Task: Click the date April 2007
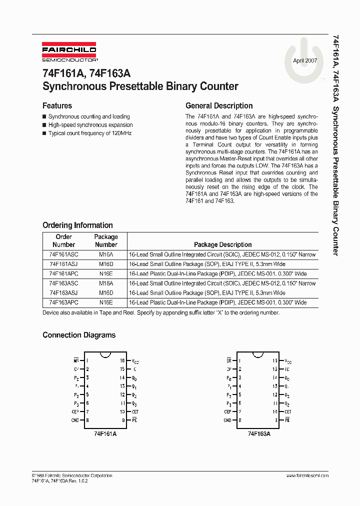coord(305,60)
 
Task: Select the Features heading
coord(57,106)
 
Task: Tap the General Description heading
coord(219,106)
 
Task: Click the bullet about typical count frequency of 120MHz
coord(89,133)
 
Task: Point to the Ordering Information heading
coord(77,225)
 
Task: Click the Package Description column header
coord(222,245)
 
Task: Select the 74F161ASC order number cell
coord(63,254)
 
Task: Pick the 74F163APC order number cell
coord(63,302)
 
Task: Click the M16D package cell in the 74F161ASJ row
coord(106,264)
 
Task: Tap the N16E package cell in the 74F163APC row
coord(106,302)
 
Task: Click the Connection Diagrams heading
coord(79,335)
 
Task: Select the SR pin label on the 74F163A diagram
coord(228,360)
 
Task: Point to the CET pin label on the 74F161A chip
coord(135,412)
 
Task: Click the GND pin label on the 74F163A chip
coord(227,420)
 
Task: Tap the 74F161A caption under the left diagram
coord(105,434)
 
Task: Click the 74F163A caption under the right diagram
coord(258,434)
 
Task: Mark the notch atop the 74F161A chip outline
coord(105,355)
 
